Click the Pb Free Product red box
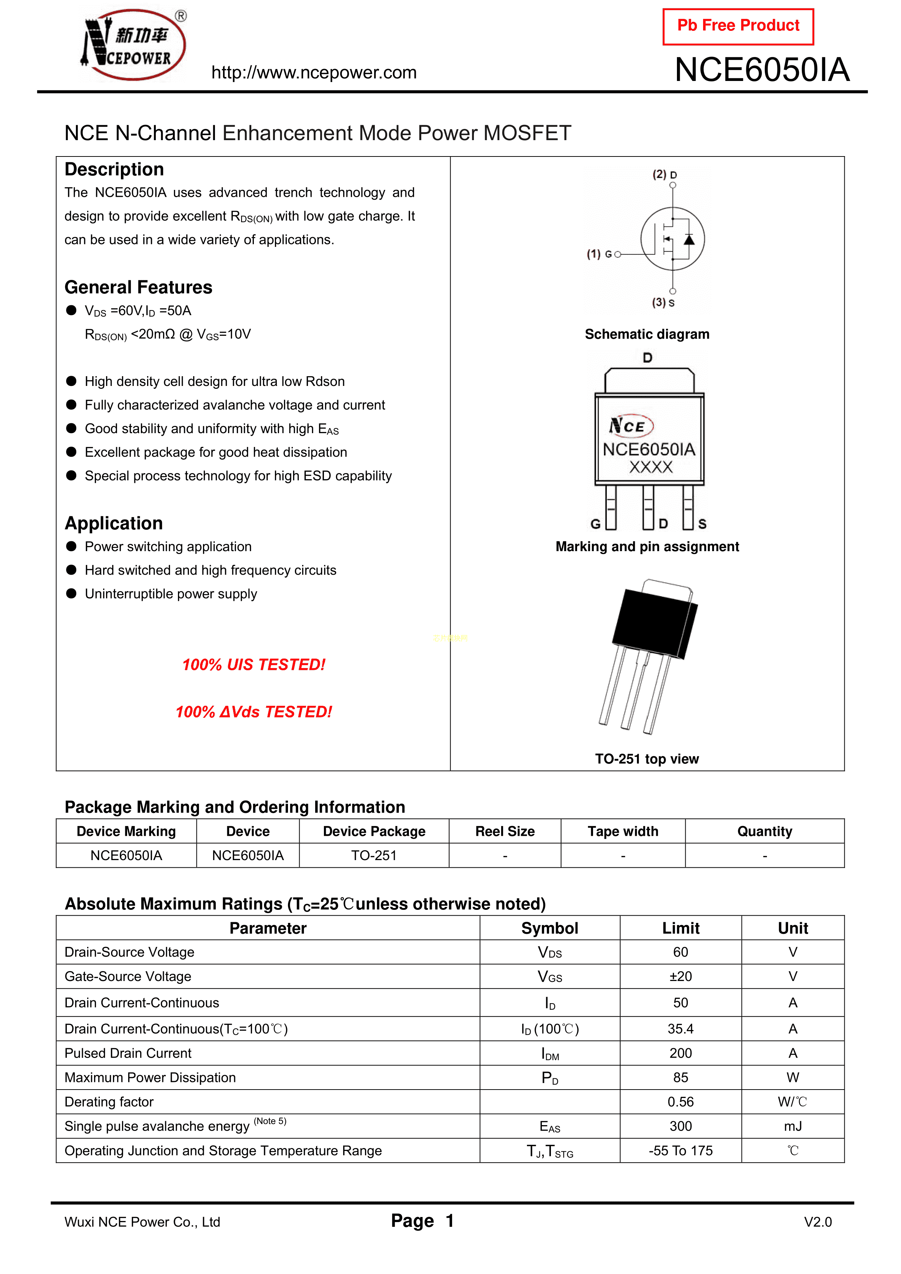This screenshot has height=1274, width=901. click(x=738, y=26)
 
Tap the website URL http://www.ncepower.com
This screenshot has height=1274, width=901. click(x=314, y=73)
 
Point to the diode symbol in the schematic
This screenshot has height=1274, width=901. click(x=689, y=240)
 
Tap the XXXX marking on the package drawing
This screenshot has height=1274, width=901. click(x=651, y=467)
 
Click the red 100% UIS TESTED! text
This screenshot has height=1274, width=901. click(x=254, y=665)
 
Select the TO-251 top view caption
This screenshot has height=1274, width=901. click(x=647, y=759)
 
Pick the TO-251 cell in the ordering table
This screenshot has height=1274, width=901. click(x=374, y=856)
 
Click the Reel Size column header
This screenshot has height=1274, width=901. click(x=505, y=831)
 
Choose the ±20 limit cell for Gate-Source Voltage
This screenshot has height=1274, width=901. click(x=681, y=977)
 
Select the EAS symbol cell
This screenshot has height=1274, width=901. click(x=549, y=1126)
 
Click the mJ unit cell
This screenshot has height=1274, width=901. click(x=793, y=1126)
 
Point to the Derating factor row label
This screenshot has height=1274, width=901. click(x=109, y=1102)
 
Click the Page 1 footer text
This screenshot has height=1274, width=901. click(x=422, y=1221)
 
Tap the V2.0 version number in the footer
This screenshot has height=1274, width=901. click(x=818, y=1222)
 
